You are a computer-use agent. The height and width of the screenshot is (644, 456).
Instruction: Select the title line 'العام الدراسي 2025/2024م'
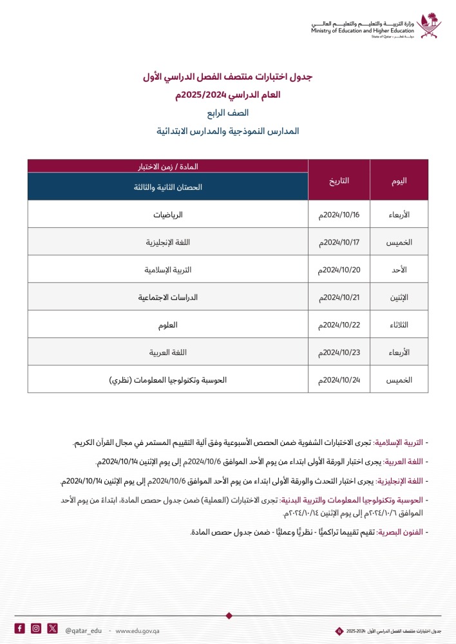(227, 95)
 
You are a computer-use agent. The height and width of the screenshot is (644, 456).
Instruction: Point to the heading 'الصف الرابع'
(227, 113)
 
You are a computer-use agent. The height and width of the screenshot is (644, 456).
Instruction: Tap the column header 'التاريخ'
(339, 180)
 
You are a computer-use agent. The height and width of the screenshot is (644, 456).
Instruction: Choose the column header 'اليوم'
(399, 180)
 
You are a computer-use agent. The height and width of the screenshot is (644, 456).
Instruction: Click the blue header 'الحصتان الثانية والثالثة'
(167, 187)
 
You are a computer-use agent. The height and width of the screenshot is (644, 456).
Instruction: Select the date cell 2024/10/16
(339, 214)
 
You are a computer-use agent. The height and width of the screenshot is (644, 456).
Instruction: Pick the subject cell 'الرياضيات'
(167, 214)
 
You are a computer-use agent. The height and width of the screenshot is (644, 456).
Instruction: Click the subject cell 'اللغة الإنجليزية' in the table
(167, 242)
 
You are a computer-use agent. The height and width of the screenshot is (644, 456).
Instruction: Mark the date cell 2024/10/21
(339, 298)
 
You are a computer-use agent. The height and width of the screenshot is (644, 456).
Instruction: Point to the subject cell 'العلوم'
(167, 325)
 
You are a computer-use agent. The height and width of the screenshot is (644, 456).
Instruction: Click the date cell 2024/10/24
(339, 380)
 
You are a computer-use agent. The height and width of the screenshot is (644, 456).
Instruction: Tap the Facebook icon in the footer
(20, 629)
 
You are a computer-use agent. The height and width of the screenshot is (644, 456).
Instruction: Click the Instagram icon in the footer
(36, 629)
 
